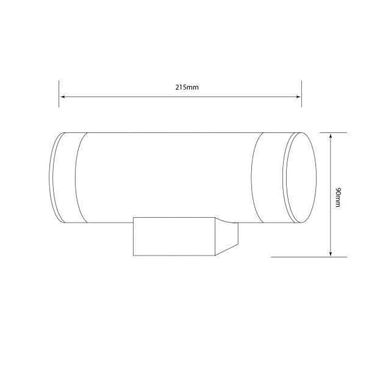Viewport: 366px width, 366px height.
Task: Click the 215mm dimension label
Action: coord(187,87)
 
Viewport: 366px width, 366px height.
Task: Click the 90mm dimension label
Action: coord(338,197)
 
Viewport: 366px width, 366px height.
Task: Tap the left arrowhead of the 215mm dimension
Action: coord(62,96)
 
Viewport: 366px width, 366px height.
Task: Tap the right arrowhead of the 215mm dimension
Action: coord(298,96)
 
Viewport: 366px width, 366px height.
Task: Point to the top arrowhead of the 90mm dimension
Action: coord(330,136)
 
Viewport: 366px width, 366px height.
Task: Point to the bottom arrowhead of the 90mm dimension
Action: coord(330,254)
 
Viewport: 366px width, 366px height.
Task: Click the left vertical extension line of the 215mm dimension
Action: coord(59,94)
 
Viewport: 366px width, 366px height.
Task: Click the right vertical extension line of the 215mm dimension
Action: coord(301,94)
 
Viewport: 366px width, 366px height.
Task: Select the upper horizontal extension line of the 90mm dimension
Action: coord(334,132)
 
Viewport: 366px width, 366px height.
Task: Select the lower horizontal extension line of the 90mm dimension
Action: coord(309,257)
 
